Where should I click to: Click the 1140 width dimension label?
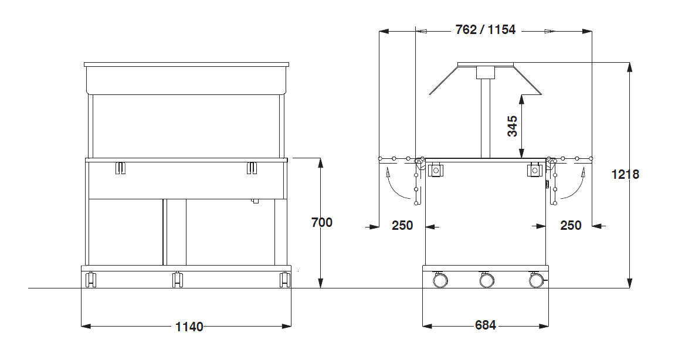coord(189,327)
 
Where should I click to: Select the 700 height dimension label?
coord(322,222)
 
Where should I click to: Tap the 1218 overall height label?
coord(625,175)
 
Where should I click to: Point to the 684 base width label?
coord(486,325)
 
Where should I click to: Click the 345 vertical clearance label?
coord(512,126)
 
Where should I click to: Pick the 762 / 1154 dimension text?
coord(486,29)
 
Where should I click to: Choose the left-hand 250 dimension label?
coord(402,226)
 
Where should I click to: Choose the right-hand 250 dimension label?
coord(571,226)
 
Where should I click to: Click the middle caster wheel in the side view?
coord(487,280)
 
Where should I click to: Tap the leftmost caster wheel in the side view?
coord(440,280)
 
